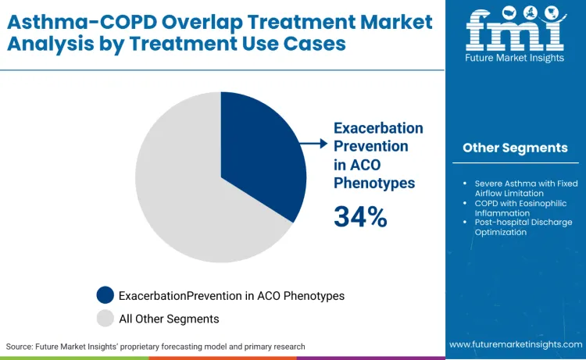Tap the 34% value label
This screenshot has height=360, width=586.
[360, 216]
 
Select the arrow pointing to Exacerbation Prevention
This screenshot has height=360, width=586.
[315, 143]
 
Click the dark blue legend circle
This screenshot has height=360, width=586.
[105, 295]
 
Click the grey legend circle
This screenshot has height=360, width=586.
[105, 318]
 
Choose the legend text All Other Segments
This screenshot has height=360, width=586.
[169, 319]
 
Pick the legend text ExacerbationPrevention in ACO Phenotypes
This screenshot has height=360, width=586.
[231, 296]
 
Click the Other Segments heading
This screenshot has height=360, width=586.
[515, 148]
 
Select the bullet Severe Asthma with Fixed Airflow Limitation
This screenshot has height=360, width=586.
[518, 188]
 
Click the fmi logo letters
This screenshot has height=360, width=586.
[515, 34]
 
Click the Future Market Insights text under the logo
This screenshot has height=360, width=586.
[515, 68]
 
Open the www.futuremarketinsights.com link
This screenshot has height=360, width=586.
[515, 344]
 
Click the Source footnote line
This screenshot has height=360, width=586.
[155, 346]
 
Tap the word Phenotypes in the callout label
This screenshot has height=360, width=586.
[374, 183]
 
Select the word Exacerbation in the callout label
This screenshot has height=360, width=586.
[378, 128]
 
